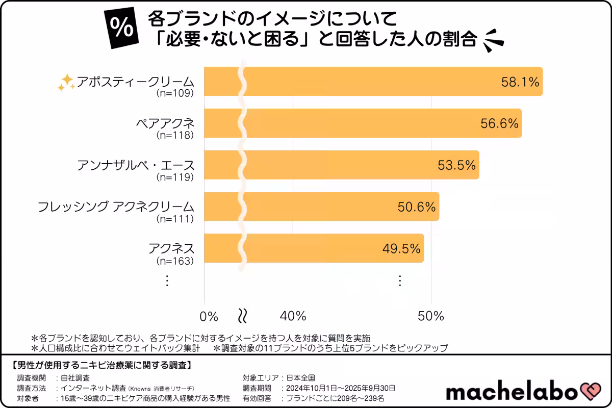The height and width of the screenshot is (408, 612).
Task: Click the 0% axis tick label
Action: pyautogui.click(x=209, y=316)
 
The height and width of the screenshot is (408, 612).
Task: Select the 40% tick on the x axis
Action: pyautogui.click(x=293, y=316)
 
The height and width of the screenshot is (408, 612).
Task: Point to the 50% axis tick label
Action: pyautogui.click(x=431, y=316)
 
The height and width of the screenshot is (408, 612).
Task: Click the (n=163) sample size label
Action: pyautogui.click(x=175, y=261)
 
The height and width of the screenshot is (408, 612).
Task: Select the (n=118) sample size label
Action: pyautogui.click(x=175, y=136)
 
